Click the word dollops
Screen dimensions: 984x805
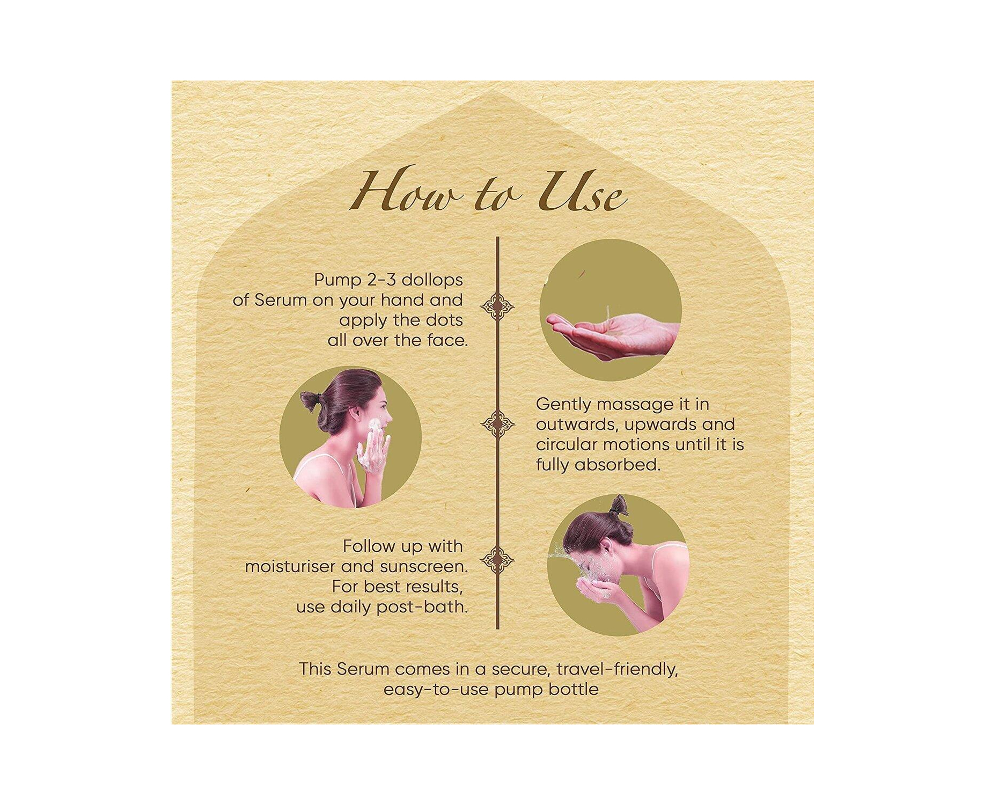[x=432, y=281]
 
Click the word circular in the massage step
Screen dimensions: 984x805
[x=566, y=444]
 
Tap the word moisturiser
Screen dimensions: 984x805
[x=290, y=567]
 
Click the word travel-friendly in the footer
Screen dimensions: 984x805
[x=617, y=670]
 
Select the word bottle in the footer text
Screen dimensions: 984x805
[x=574, y=690]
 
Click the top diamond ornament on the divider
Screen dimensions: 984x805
[x=497, y=307]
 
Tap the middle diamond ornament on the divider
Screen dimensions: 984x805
[x=497, y=424]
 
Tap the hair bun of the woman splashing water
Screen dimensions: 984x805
[x=619, y=506]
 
